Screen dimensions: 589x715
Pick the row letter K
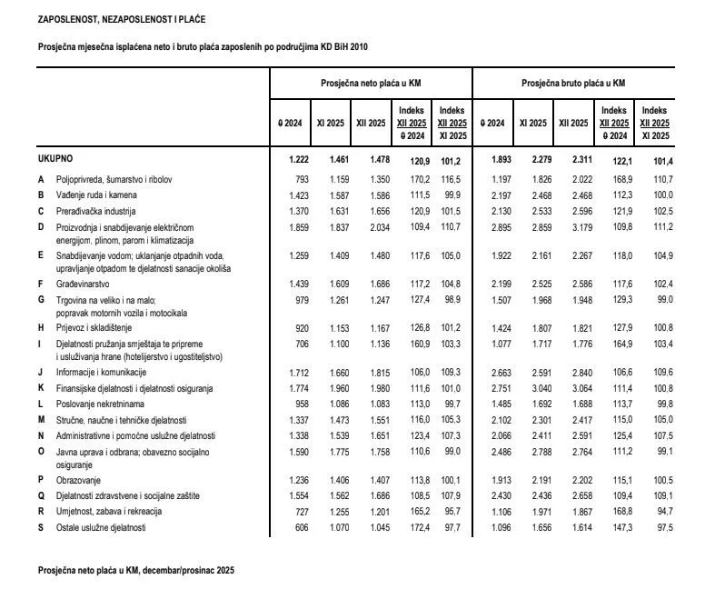tap(41, 388)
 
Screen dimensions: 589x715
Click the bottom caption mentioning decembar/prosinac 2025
tap(136, 570)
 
